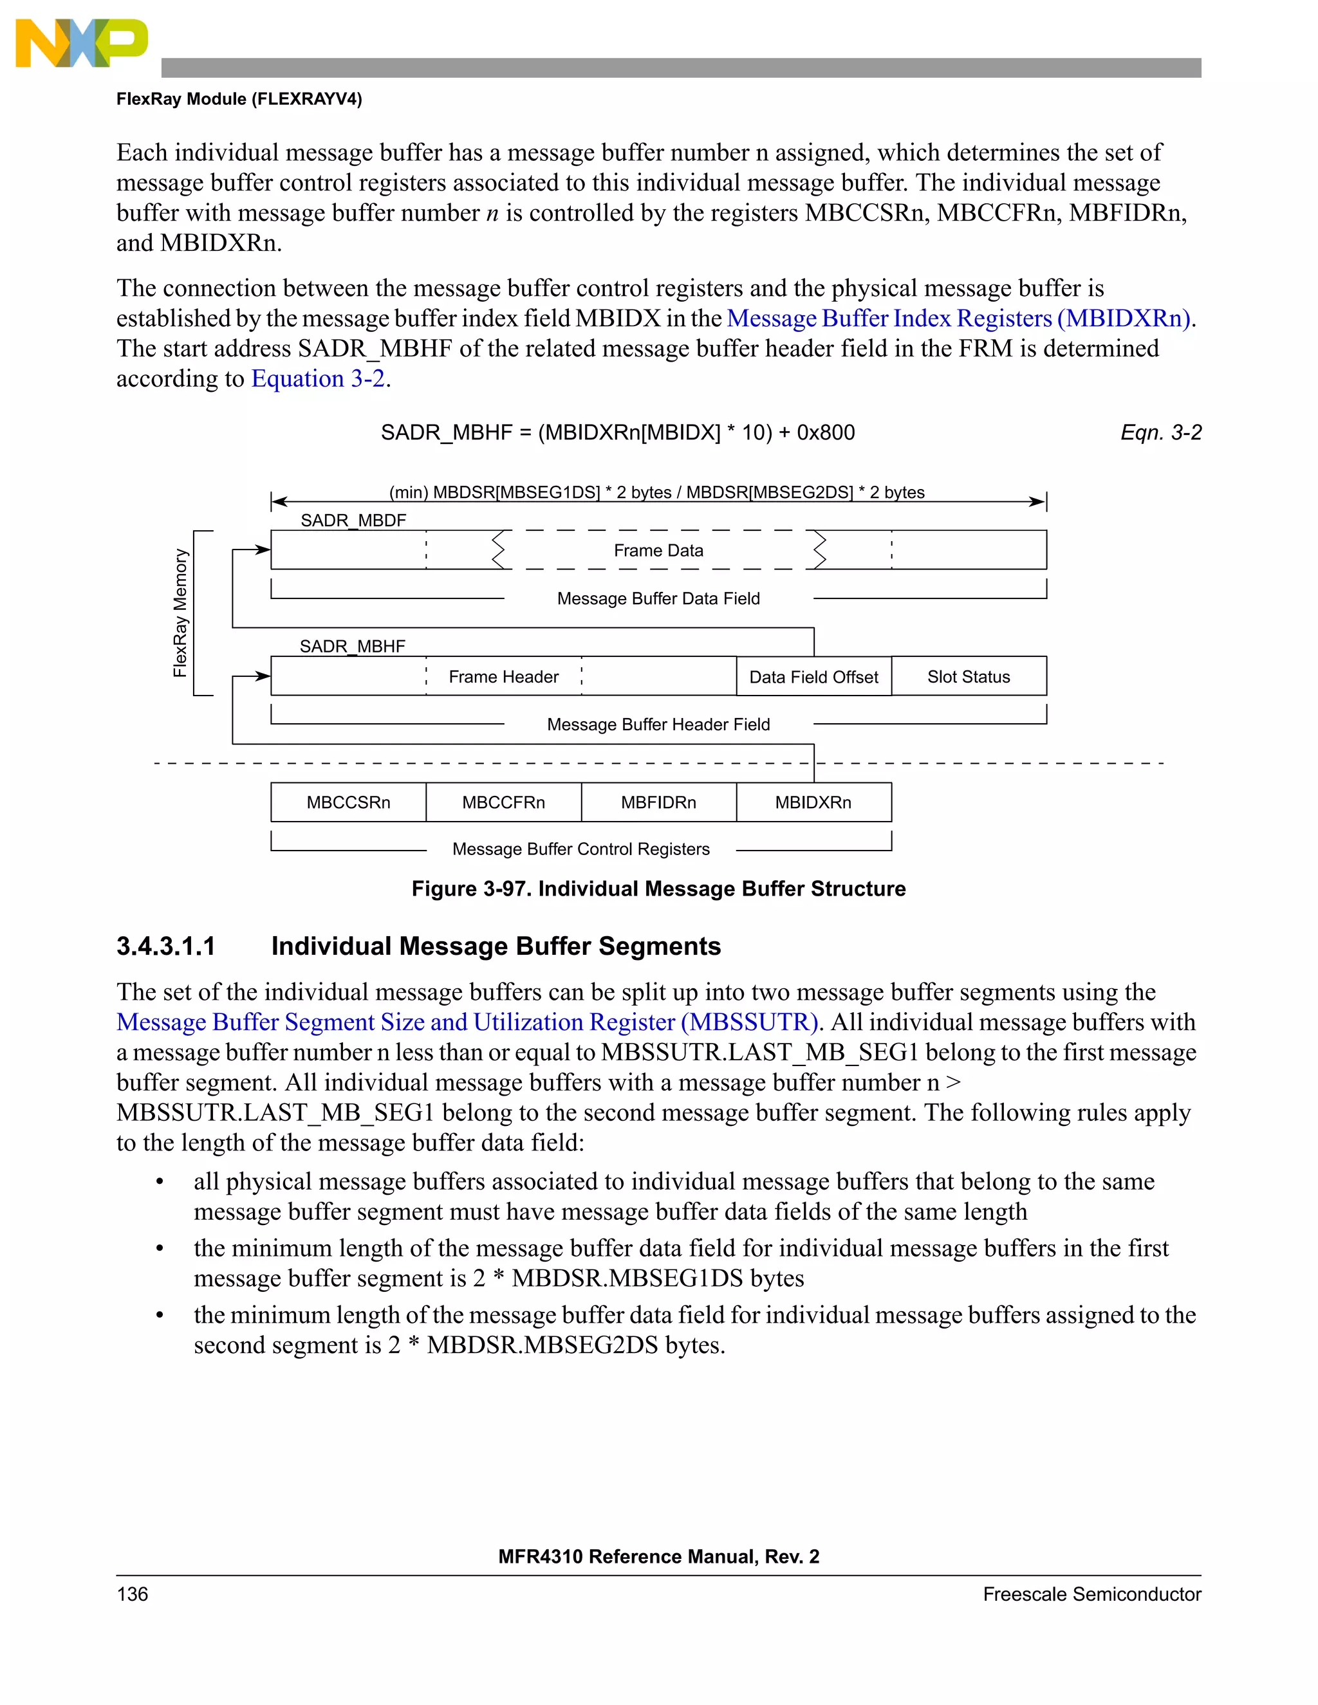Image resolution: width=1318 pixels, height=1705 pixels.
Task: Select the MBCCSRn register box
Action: coord(348,802)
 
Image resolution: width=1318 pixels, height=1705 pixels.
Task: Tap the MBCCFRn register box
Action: coord(504,802)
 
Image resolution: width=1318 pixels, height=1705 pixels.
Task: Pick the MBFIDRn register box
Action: coord(658,802)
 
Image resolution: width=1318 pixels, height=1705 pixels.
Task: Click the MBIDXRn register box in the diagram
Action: coord(813,802)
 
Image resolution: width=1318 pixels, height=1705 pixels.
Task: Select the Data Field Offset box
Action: coord(813,677)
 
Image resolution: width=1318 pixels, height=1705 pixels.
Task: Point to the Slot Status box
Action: coord(968,677)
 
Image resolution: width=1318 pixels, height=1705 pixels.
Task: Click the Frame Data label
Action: coord(658,550)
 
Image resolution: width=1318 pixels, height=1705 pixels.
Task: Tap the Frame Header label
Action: coord(504,677)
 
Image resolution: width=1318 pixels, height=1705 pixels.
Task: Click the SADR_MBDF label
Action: coord(353,520)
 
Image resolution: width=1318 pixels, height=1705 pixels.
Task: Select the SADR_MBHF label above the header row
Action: coord(352,647)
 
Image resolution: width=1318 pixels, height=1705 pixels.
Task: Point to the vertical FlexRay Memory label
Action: coord(180,613)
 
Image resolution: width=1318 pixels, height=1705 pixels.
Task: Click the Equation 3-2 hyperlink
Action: coord(318,378)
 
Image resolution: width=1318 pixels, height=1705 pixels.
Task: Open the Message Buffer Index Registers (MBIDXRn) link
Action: coord(958,318)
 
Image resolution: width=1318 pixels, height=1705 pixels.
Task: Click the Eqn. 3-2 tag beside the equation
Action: coord(1160,432)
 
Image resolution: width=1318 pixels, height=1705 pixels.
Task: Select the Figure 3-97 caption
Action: coord(658,889)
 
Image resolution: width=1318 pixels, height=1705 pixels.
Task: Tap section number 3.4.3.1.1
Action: coord(165,946)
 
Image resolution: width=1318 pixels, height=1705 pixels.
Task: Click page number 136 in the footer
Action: coord(132,1594)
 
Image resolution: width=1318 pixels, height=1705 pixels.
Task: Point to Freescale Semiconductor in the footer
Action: coord(1091,1594)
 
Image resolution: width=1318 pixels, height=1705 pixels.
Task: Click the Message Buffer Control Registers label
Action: coord(581,849)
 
